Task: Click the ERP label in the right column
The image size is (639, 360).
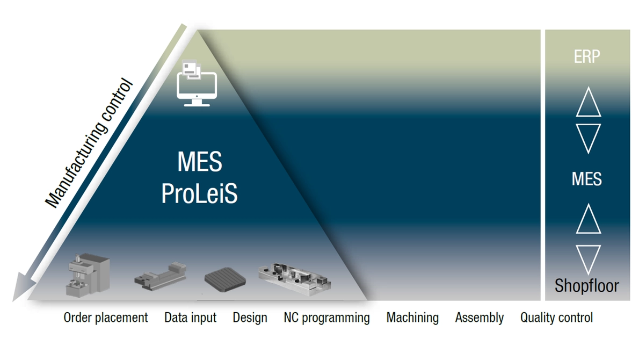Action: tap(587, 56)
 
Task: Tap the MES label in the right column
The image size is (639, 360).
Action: tap(586, 179)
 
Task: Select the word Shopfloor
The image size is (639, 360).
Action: tap(586, 285)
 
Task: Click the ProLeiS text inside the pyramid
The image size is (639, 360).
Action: tap(199, 193)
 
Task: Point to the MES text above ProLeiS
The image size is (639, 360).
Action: tap(200, 161)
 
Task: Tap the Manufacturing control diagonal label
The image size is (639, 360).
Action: tap(89, 143)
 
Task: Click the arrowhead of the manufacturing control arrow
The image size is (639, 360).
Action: tap(23, 287)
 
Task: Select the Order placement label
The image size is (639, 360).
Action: tap(106, 318)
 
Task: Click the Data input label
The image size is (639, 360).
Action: tap(190, 318)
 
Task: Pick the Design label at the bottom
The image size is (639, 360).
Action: tap(250, 318)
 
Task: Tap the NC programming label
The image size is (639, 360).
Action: tap(327, 318)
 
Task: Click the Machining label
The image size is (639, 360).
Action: tap(412, 318)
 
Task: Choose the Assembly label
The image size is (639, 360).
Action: tap(479, 318)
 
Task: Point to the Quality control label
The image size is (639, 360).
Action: tap(556, 318)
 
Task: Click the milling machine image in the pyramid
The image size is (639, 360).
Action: tap(88, 275)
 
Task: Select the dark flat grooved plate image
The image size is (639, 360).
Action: tap(225, 280)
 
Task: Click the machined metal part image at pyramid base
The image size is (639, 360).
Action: tap(295, 278)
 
